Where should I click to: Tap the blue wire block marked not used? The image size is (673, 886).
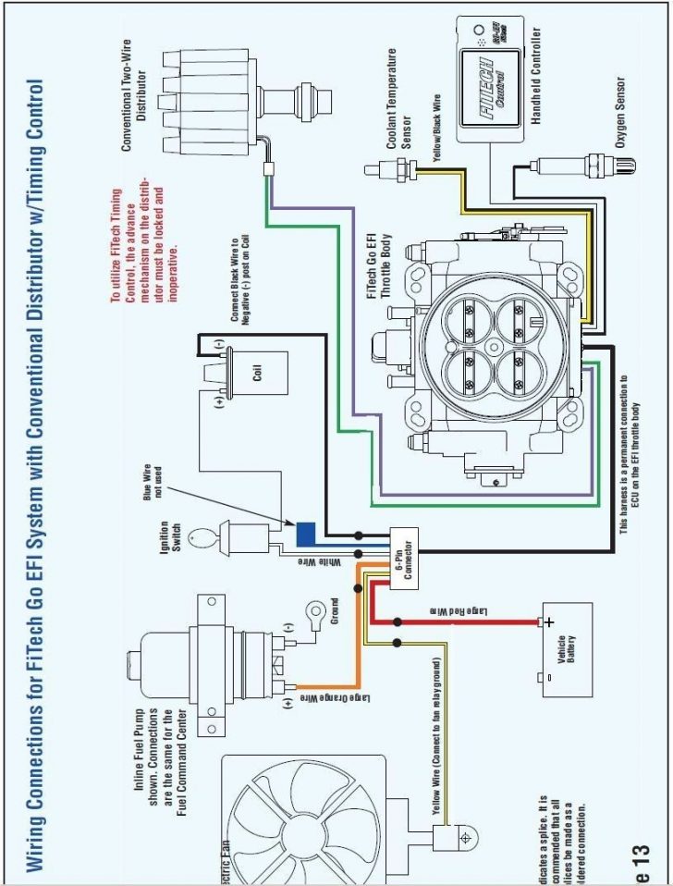(x=306, y=534)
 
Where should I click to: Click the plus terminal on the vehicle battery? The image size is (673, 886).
(x=548, y=622)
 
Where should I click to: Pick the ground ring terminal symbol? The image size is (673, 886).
(x=318, y=610)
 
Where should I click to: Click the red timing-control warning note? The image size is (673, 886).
(x=139, y=245)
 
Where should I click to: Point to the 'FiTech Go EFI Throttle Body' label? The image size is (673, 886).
(x=379, y=265)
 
